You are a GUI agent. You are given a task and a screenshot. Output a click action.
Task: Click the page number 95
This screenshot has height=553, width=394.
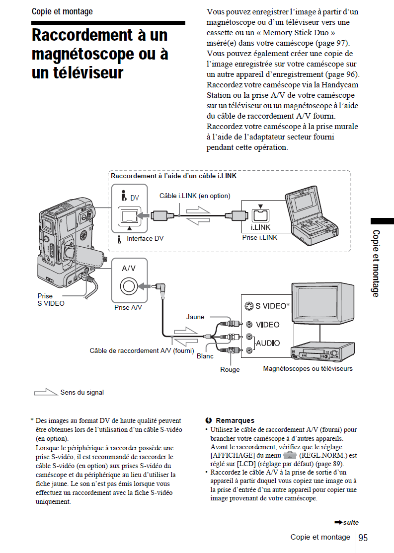pyautogui.click(x=363, y=538)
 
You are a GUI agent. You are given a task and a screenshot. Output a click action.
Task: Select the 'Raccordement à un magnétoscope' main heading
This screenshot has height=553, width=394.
pyautogui.click(x=99, y=54)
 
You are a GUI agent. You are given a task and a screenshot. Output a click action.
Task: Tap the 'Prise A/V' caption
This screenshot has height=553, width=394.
pyautogui.click(x=128, y=307)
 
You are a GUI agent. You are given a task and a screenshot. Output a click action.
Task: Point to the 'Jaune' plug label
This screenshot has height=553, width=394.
pyautogui.click(x=195, y=317)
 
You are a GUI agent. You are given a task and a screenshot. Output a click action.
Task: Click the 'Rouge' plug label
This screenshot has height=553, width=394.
pyautogui.click(x=230, y=369)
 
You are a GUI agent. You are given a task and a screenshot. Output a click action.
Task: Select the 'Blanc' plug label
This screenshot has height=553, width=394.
pyautogui.click(x=205, y=356)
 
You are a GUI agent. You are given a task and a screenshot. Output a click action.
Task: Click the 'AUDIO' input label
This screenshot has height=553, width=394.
pyautogui.click(x=268, y=343)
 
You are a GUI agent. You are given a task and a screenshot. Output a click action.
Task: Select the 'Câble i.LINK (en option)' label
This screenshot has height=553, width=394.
pyautogui.click(x=195, y=196)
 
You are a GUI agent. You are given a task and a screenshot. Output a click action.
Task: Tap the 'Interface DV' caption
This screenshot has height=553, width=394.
pyautogui.click(x=145, y=239)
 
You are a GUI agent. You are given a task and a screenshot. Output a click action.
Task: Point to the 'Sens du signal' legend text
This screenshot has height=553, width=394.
pyautogui.click(x=82, y=392)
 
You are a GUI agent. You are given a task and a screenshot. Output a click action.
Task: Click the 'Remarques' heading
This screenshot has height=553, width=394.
pyautogui.click(x=235, y=420)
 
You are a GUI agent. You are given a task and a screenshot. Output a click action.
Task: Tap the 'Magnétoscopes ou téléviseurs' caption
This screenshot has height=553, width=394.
pyautogui.click(x=308, y=368)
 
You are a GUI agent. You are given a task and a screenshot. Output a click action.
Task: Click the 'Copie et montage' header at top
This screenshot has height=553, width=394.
pyautogui.click(x=62, y=11)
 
